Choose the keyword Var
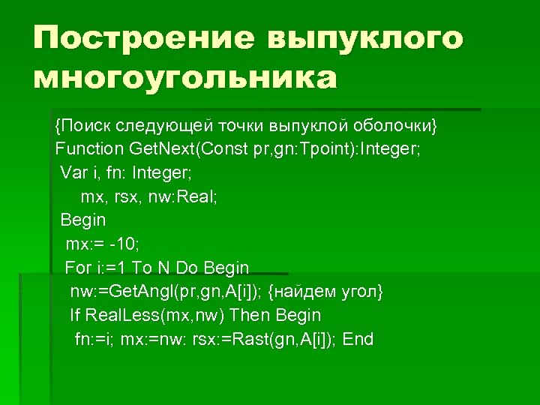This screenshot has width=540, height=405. pos(73,173)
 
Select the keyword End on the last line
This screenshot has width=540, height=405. pos(358,339)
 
